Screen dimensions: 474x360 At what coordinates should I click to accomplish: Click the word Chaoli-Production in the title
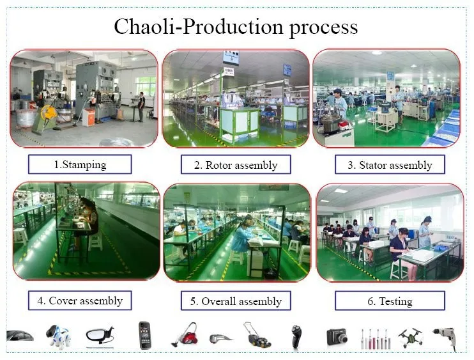click(x=199, y=27)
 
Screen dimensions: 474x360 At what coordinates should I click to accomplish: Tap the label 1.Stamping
click(x=80, y=164)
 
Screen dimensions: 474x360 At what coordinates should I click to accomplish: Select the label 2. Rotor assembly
click(x=236, y=165)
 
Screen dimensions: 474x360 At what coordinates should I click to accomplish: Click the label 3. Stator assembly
click(x=390, y=165)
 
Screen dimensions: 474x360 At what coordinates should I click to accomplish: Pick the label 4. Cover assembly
click(x=80, y=301)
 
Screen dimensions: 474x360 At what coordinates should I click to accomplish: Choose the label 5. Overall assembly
click(x=236, y=301)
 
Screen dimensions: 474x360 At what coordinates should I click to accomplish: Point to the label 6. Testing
click(x=390, y=301)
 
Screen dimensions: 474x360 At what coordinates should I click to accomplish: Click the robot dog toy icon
click(x=58, y=336)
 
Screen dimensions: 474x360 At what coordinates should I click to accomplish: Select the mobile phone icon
click(x=144, y=335)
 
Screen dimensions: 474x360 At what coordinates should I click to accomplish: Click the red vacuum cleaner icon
click(x=185, y=334)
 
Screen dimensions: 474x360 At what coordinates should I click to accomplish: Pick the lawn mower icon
click(x=257, y=334)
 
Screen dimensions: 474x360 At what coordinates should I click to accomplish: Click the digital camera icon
click(x=337, y=337)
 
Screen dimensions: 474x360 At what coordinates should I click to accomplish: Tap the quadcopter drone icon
click(x=411, y=338)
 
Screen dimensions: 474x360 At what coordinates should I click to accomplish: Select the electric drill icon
click(x=445, y=338)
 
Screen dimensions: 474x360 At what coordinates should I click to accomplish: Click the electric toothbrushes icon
click(x=375, y=338)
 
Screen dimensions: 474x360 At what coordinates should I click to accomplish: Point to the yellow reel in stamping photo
click(x=49, y=113)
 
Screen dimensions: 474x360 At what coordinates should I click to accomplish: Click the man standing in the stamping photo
click(x=141, y=107)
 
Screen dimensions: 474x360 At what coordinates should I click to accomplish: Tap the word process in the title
click(x=323, y=28)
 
